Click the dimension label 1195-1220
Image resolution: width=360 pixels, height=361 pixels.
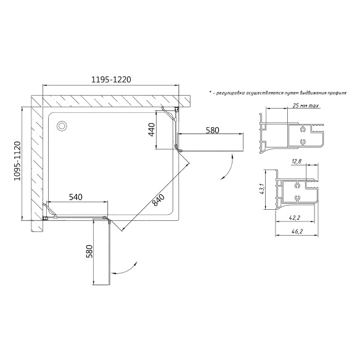111,80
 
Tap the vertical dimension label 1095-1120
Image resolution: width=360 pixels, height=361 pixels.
17,161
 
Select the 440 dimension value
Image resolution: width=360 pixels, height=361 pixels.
152,130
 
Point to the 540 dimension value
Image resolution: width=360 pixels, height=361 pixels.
76,197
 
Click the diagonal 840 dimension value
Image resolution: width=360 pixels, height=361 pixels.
158,200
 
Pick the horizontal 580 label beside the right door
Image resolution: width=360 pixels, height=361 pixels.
213,130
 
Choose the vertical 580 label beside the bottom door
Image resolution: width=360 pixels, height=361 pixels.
89,251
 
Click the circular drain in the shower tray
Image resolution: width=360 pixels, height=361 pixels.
62,126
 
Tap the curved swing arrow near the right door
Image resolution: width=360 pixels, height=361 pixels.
227,167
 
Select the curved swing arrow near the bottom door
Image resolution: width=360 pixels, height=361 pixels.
125,270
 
